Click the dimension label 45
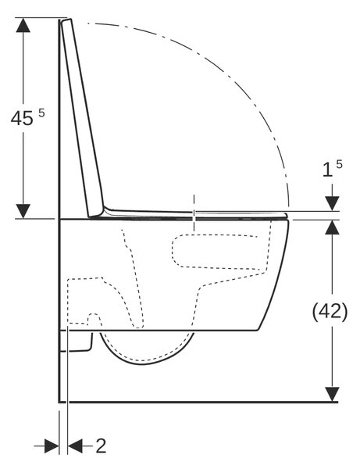click(22, 118)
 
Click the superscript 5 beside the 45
click(41, 113)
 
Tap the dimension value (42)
click(330, 311)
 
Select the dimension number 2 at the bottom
click(101, 446)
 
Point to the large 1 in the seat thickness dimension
click(327, 170)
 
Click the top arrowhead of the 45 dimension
click(23, 25)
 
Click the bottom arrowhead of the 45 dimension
click(23, 211)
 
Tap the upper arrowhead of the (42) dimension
click(332, 227)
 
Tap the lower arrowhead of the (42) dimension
click(332, 394)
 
